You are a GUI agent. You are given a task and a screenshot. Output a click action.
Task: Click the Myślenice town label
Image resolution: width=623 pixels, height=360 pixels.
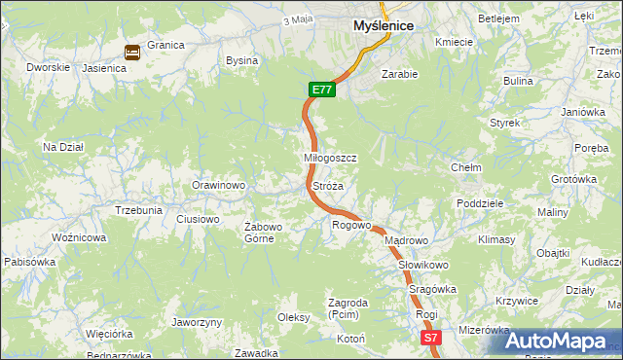click(x=384, y=25)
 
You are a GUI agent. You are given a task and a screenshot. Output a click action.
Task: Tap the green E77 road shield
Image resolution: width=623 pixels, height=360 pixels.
click(x=323, y=90)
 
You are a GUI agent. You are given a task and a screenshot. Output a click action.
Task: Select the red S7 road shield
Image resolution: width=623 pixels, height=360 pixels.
click(x=432, y=338)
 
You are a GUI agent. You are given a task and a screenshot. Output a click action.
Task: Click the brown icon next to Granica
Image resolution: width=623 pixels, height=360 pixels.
click(x=131, y=53)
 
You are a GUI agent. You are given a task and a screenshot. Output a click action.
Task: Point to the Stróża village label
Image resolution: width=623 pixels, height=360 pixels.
click(x=327, y=185)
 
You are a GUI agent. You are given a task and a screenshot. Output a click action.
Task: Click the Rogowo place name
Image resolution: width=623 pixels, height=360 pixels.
click(x=351, y=225)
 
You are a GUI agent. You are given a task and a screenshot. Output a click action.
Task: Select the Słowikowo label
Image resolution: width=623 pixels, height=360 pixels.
click(x=422, y=265)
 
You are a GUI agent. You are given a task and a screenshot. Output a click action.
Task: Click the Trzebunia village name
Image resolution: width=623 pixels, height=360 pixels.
click(x=138, y=210)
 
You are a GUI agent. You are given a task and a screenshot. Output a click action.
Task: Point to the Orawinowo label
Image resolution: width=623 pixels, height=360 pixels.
click(x=218, y=185)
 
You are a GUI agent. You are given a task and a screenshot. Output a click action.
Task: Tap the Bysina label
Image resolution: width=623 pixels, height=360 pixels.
click(x=241, y=60)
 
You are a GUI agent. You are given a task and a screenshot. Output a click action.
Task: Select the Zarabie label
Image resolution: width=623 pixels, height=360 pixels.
click(x=399, y=73)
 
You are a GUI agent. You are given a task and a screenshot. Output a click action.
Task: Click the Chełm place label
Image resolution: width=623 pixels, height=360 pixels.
click(x=466, y=167)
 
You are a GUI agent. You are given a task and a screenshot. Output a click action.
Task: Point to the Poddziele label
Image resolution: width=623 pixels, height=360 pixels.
click(x=479, y=203)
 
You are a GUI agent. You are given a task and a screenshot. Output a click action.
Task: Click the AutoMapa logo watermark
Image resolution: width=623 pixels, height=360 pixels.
click(x=554, y=341)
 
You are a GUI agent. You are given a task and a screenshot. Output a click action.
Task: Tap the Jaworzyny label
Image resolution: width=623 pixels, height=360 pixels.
click(x=197, y=322)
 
